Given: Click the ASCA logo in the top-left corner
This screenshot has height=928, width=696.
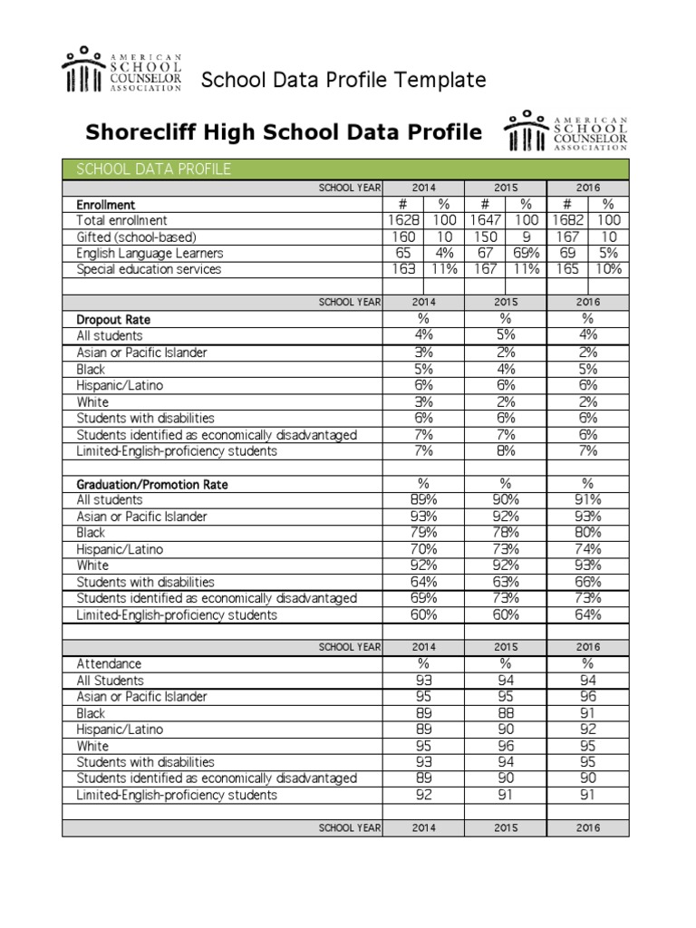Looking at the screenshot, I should tap(121, 70).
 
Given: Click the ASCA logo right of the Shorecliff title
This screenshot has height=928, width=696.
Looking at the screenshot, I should tap(565, 130).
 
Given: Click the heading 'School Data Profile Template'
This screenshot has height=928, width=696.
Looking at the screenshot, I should tap(343, 80).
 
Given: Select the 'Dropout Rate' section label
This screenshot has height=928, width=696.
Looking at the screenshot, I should tap(113, 319).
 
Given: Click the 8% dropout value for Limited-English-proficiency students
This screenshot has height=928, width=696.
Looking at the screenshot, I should tap(505, 450).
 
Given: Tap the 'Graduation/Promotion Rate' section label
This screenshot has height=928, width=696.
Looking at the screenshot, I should tap(152, 484).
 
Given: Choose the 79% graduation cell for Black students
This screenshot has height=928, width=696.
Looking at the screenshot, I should tap(423, 533).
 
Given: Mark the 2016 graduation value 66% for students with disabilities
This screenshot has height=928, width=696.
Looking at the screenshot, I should tap(587, 582).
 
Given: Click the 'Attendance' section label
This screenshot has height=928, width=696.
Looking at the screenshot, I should tap(109, 663).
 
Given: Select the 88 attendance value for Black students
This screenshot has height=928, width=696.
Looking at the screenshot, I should tap(505, 713).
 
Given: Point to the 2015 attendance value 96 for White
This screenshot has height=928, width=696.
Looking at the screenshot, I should tap(505, 746).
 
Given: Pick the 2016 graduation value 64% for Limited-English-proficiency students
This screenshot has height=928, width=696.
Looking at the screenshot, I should tap(587, 614).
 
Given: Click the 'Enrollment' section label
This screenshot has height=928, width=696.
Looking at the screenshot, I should tap(106, 205).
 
